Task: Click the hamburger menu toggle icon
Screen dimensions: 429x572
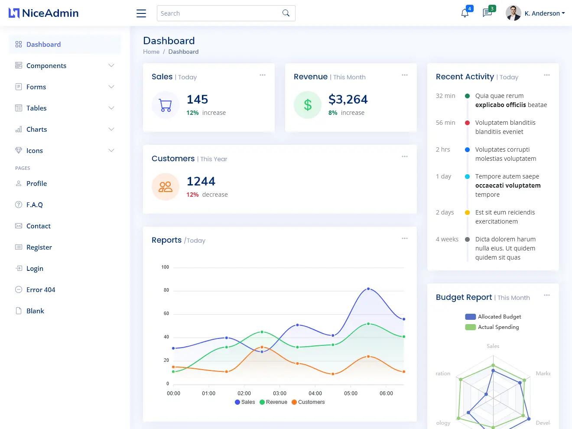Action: (x=141, y=13)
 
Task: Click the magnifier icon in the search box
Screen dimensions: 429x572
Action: (x=286, y=13)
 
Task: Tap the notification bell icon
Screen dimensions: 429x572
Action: (x=465, y=13)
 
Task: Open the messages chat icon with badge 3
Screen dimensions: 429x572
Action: (x=487, y=13)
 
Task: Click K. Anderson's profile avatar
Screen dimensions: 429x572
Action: (x=513, y=13)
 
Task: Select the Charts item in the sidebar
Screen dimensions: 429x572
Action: (x=36, y=129)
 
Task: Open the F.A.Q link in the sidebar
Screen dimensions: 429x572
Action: (x=34, y=205)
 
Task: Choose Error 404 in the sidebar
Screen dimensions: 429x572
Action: (x=40, y=289)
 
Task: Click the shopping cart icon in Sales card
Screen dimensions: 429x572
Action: (x=166, y=105)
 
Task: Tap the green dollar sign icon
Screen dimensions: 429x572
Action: (x=308, y=105)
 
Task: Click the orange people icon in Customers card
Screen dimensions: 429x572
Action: (x=166, y=187)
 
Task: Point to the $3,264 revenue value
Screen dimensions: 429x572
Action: (x=348, y=100)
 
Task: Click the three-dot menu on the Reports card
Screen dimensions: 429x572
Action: (x=404, y=238)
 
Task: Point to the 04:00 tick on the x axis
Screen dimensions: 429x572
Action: (x=315, y=393)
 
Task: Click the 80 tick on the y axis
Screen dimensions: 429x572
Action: (x=166, y=290)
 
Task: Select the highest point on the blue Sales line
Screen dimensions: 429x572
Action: (x=368, y=289)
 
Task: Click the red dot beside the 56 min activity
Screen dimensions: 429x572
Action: (x=467, y=123)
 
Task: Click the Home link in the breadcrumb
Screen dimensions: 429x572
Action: (x=151, y=52)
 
